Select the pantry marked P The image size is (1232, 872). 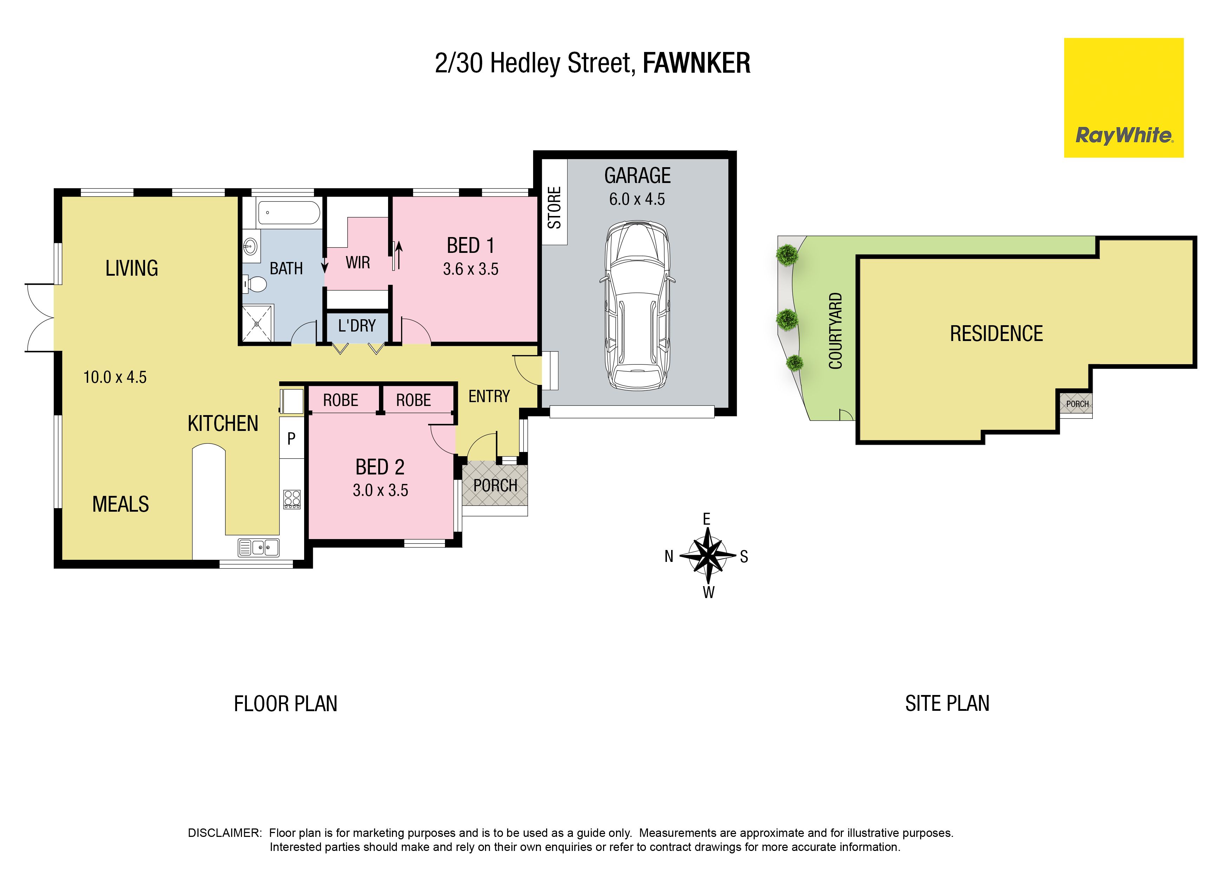point(291,439)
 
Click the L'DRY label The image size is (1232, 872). point(357,326)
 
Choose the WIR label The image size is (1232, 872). point(358,263)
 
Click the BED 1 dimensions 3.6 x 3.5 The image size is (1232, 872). point(471,269)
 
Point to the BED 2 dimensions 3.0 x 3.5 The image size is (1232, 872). point(381,490)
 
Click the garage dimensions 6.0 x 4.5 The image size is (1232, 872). point(637,199)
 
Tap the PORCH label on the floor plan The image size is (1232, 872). point(495,485)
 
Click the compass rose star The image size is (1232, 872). point(708,556)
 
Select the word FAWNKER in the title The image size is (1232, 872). point(696,63)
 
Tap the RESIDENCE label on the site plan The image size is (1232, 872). point(996,333)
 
